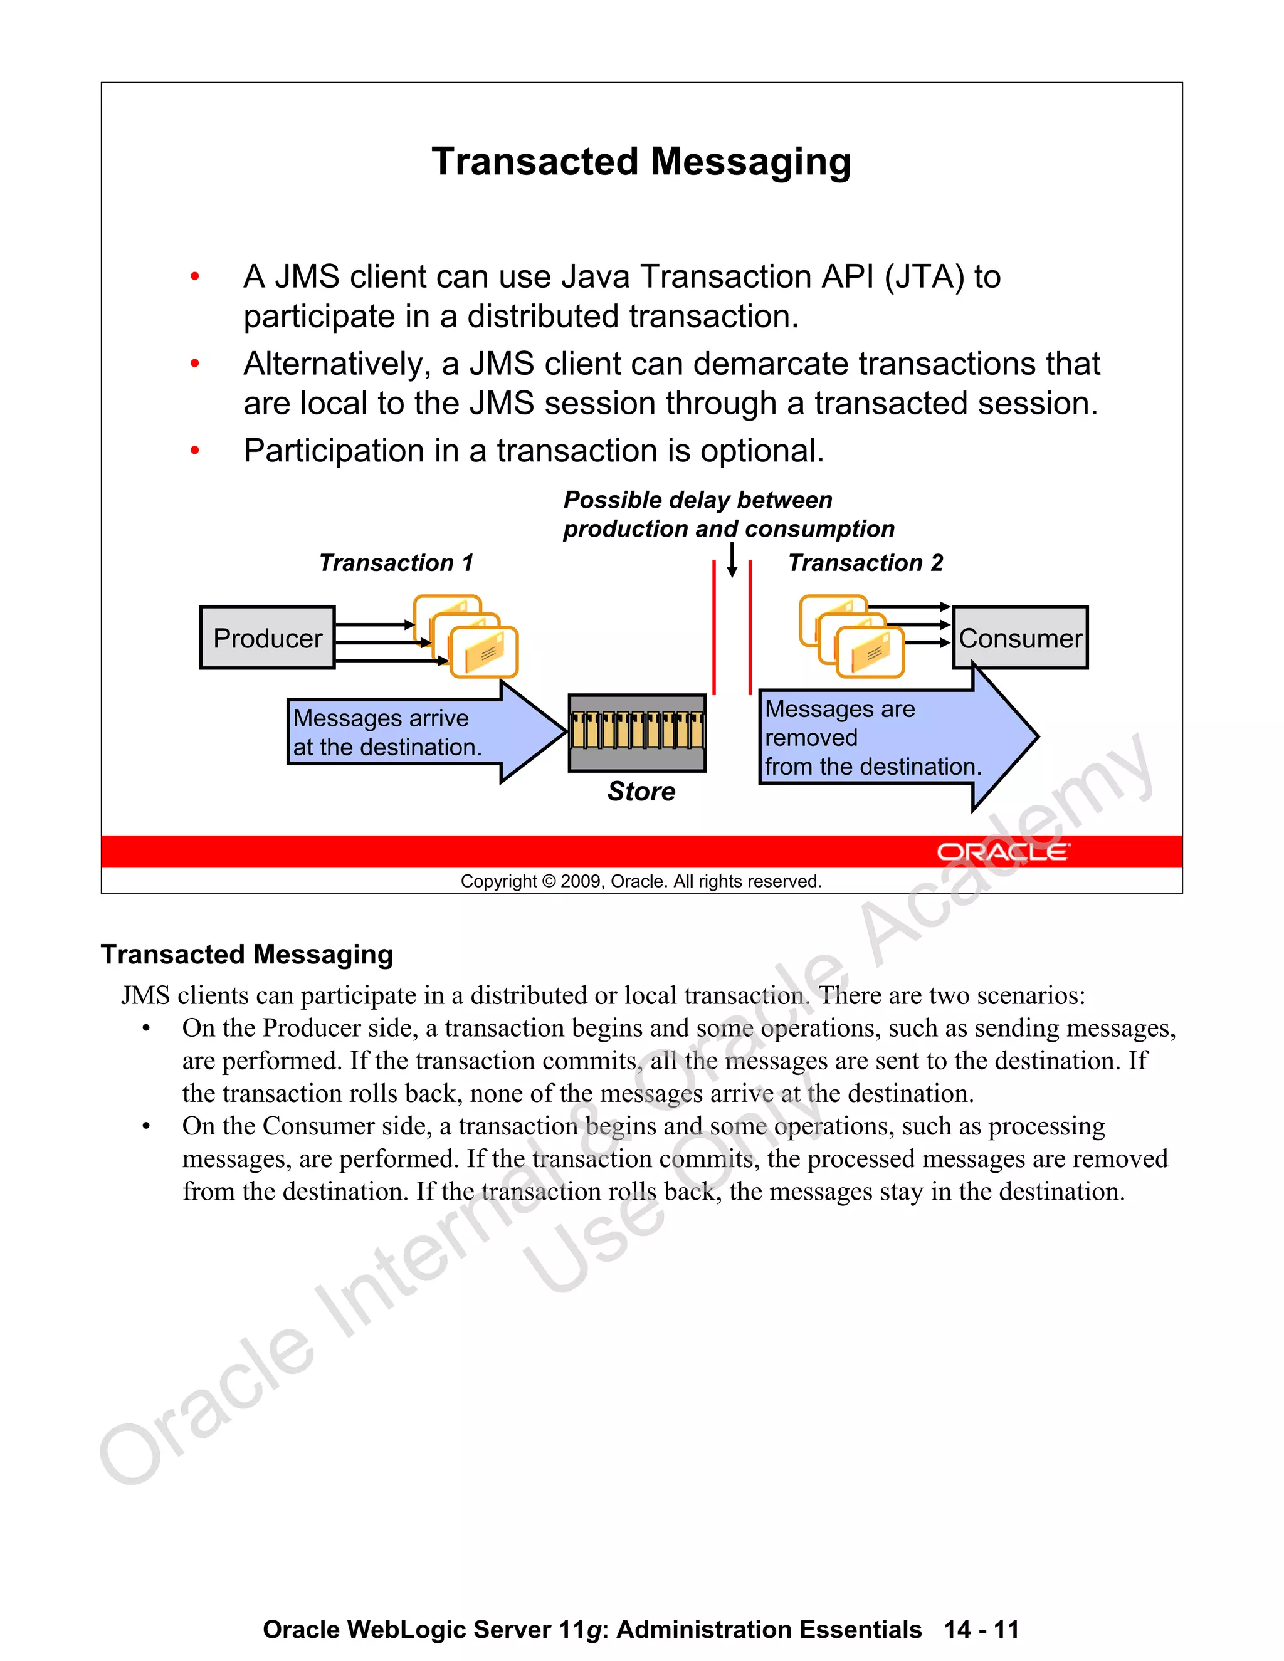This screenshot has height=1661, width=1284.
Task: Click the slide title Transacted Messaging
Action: (x=641, y=162)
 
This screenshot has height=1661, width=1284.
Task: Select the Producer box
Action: (x=267, y=638)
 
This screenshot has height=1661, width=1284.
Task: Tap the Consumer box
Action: (x=1019, y=638)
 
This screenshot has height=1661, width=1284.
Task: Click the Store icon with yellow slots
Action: (x=637, y=732)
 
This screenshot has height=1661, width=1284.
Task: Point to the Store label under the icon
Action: (x=641, y=792)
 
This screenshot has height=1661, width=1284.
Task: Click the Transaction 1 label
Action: (x=396, y=563)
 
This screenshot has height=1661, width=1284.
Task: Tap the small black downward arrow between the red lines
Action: (x=732, y=560)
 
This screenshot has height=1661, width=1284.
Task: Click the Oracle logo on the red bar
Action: (x=1002, y=852)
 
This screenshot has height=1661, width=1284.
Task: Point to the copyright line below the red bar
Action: (x=641, y=881)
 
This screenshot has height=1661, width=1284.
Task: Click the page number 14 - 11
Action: (x=981, y=1629)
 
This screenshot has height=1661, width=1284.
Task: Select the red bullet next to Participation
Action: (x=195, y=451)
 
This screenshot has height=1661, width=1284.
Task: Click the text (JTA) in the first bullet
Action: (x=924, y=277)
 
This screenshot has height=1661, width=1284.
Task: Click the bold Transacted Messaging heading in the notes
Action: (x=246, y=955)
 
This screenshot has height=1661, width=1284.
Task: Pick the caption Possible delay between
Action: (x=698, y=500)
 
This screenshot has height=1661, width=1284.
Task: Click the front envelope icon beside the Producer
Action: (x=484, y=652)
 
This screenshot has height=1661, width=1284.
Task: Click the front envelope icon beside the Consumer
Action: (x=870, y=652)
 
